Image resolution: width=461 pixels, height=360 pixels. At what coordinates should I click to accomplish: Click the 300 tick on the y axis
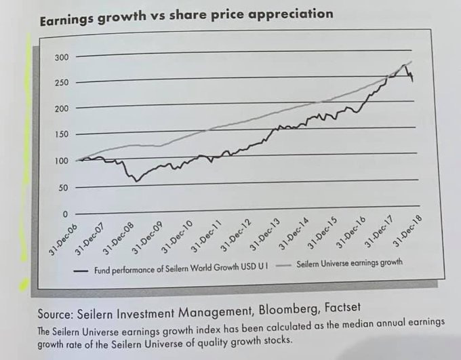click(x=61, y=58)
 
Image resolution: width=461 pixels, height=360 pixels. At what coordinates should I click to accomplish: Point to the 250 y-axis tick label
click(x=61, y=83)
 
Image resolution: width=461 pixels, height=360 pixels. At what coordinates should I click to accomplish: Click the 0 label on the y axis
click(x=65, y=214)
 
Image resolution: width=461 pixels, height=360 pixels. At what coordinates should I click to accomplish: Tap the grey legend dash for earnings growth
click(x=285, y=264)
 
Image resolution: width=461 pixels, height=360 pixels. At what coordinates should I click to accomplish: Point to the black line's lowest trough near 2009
click(x=136, y=181)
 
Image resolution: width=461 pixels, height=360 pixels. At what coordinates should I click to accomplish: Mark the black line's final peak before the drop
click(x=405, y=65)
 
